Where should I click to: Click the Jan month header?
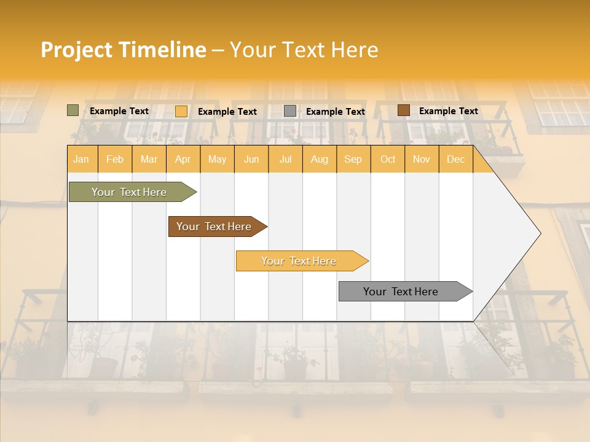(81, 160)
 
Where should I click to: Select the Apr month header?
(183, 160)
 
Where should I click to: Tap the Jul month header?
(285, 160)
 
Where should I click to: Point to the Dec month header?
(455, 160)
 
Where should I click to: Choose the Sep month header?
(353, 160)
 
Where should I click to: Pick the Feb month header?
(115, 160)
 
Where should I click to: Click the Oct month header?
(388, 160)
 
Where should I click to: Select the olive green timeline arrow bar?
(130, 192)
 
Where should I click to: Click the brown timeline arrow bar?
(214, 227)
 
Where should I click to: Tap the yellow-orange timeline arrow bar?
(299, 261)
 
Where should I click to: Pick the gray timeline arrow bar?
(401, 292)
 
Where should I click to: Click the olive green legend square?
(73, 110)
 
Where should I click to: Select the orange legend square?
(181, 111)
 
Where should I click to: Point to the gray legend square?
(290, 111)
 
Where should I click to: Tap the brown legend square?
(404, 110)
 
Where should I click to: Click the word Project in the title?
(76, 50)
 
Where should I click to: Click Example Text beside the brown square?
(448, 111)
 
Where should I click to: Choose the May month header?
(217, 160)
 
